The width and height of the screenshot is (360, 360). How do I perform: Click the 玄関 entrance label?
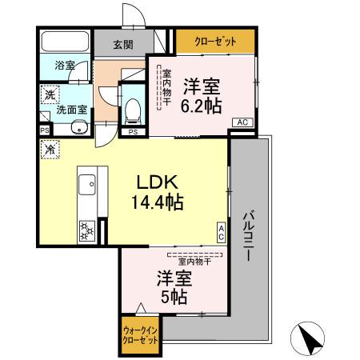[x=122, y=45]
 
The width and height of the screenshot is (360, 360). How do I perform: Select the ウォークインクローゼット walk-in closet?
[x=140, y=333]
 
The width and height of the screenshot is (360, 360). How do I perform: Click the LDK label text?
[x=158, y=181]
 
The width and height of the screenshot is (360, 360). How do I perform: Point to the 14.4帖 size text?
[x=158, y=202]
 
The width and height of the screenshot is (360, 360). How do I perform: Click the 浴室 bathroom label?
[x=65, y=65]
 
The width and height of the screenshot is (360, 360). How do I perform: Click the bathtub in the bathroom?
[x=65, y=42]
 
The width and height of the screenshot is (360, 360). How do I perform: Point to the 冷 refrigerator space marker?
[x=50, y=149]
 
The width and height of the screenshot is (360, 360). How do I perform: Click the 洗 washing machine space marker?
[x=50, y=95]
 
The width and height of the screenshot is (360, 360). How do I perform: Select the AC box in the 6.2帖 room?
[x=242, y=122]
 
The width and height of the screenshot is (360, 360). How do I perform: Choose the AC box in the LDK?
[x=221, y=232]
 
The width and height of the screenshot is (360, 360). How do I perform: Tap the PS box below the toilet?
[x=133, y=132]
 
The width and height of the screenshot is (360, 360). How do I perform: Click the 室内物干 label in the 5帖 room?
[x=194, y=261]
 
